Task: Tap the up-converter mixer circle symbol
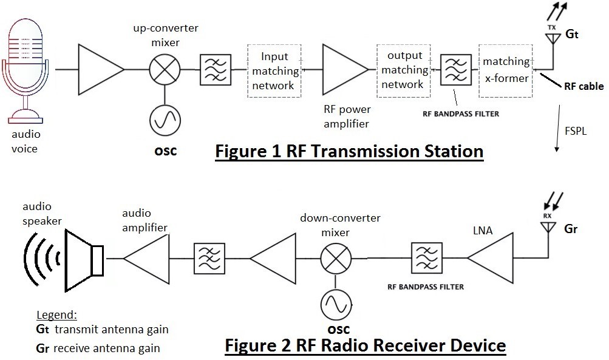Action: (163, 70)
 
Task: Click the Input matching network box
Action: (274, 71)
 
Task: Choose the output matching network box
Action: (404, 70)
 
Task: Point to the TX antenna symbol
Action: (552, 38)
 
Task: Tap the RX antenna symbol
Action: (547, 227)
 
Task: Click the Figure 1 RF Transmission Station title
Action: (349, 151)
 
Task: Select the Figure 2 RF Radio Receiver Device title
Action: (365, 345)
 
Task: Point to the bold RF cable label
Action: (583, 86)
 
